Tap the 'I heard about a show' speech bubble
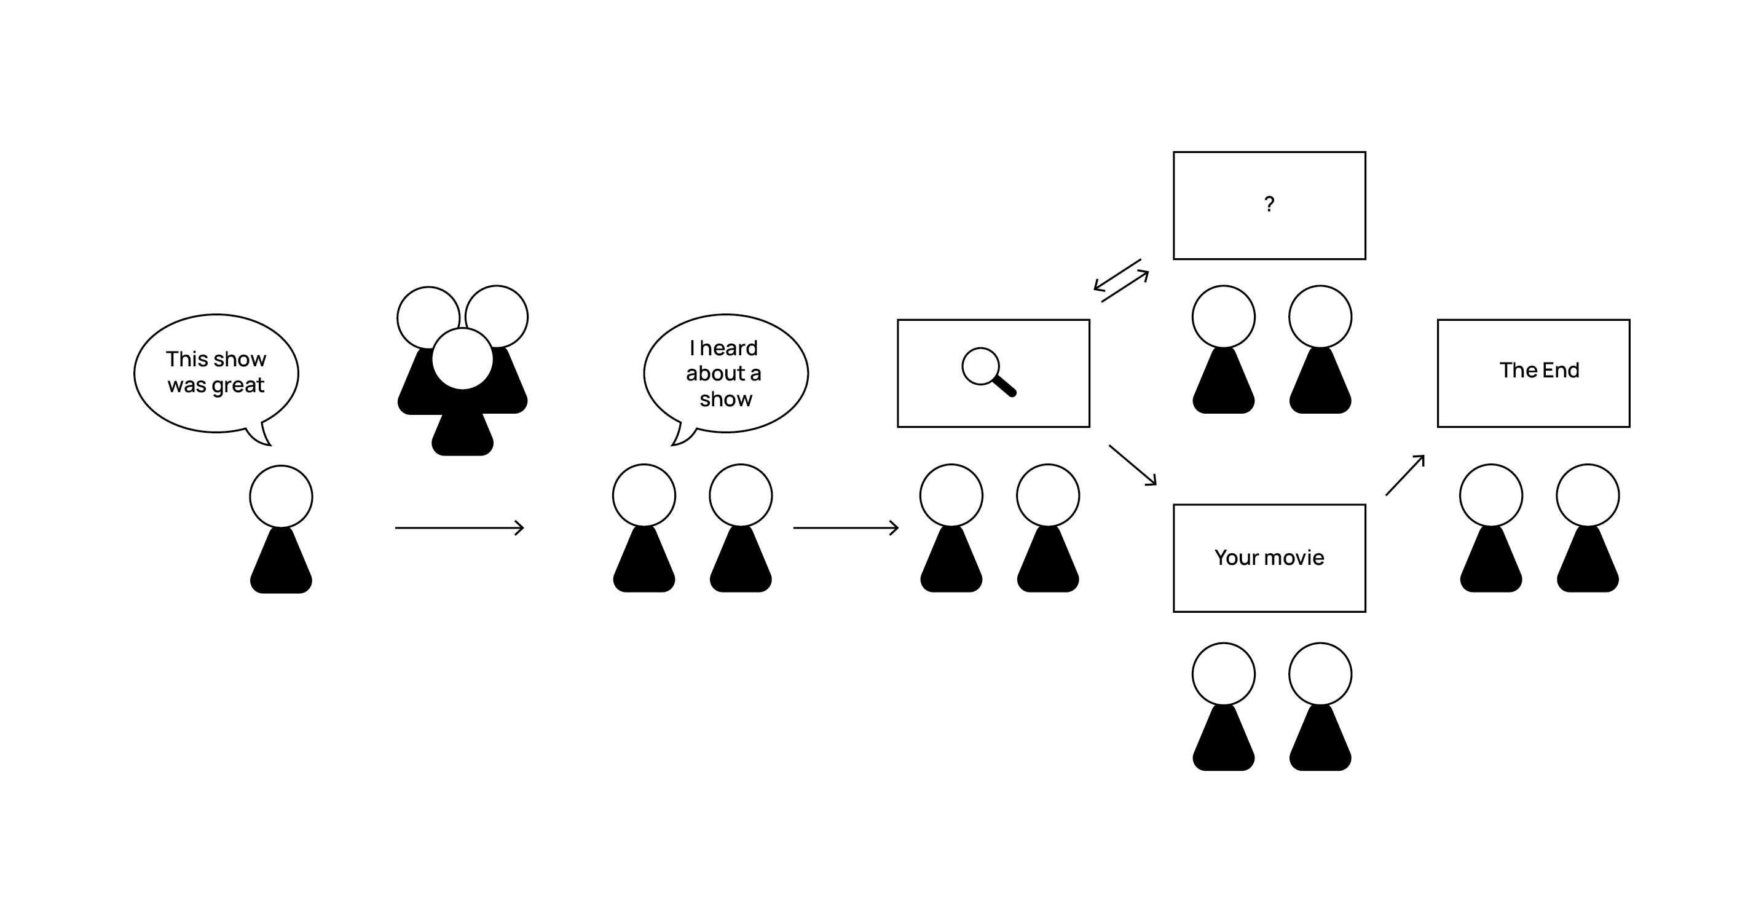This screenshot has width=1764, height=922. coord(725,372)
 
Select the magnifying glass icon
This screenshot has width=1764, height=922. coord(988,372)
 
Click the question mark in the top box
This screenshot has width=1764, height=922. coord(1269,203)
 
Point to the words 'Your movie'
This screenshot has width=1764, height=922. coord(1269,558)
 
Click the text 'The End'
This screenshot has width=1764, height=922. coord(1538,370)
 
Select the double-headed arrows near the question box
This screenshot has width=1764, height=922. coord(1121,280)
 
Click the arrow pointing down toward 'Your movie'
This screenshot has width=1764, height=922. coord(1133,465)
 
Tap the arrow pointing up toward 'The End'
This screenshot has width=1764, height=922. coord(1405,475)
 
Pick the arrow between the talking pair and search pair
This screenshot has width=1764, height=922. coord(846,527)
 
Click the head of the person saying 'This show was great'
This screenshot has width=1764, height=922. coord(281,497)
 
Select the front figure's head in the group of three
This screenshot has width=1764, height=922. coord(462,358)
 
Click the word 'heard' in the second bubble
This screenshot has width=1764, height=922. coord(728,348)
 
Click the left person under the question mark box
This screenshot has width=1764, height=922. coord(1223,349)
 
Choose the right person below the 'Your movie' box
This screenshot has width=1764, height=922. coord(1320,706)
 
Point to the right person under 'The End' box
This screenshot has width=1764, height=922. coord(1588,527)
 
